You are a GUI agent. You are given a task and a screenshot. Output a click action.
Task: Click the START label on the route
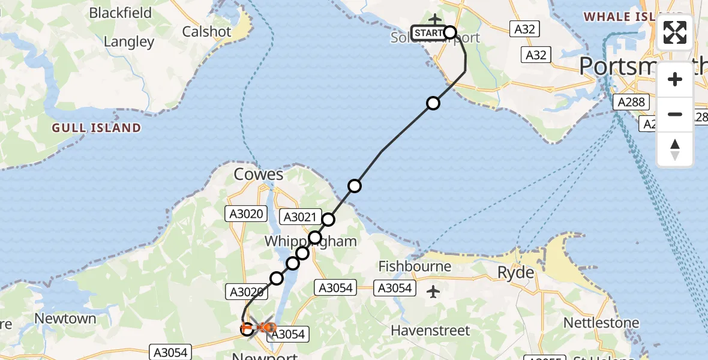click(428, 32)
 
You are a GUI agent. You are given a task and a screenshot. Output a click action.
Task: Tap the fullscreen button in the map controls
click(675, 32)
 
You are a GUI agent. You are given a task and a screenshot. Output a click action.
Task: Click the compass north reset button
click(675, 149)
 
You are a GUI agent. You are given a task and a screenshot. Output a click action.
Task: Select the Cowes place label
click(259, 175)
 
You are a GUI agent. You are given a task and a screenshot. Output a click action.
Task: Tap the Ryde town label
click(516, 273)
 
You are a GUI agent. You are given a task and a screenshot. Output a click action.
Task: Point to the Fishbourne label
click(415, 266)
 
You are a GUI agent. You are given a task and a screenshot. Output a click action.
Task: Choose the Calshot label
click(206, 31)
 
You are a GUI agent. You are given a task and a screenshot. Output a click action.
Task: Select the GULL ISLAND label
click(97, 128)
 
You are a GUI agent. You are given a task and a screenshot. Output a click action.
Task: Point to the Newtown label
click(66, 319)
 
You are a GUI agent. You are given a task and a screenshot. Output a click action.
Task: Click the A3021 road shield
click(299, 217)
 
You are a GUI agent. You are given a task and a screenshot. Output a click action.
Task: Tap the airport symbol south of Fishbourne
click(433, 292)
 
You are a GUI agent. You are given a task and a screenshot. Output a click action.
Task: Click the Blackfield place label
click(121, 13)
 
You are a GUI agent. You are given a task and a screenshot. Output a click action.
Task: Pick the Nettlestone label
click(601, 323)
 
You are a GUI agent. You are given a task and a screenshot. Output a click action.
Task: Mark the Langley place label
click(129, 42)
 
